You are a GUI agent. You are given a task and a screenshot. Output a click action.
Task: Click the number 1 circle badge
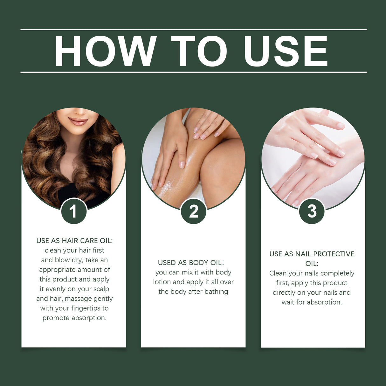click(74, 211)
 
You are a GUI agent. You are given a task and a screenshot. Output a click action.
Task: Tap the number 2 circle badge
click(193, 211)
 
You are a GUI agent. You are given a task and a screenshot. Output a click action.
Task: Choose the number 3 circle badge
click(312, 211)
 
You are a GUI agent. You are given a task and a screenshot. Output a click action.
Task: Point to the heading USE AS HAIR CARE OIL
click(74, 241)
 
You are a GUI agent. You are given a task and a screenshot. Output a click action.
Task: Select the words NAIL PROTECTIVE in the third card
click(325, 254)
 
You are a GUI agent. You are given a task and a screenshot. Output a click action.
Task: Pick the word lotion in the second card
click(162, 282)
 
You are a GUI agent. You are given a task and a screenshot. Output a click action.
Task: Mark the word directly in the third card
click(284, 293)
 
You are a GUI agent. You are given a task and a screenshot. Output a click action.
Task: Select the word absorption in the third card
click(324, 302)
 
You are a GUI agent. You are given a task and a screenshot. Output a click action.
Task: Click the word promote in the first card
click(56, 318)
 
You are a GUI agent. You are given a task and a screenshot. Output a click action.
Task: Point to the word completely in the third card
click(337, 273)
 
